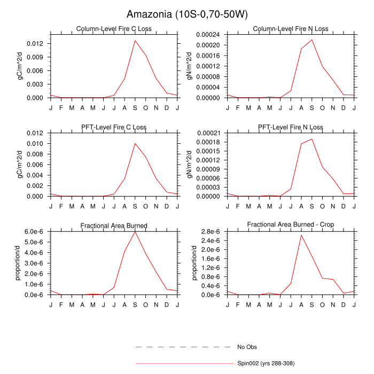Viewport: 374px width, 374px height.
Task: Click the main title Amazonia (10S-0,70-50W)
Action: point(188,14)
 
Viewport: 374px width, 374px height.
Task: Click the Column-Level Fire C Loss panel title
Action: point(114,29)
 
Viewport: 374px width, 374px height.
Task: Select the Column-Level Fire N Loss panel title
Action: point(291,29)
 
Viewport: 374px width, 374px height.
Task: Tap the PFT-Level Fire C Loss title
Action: point(114,127)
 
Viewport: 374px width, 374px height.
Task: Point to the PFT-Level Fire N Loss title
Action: point(291,127)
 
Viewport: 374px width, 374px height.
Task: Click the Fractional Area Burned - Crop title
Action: point(291,225)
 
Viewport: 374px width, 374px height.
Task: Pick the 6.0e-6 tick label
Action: point(34,231)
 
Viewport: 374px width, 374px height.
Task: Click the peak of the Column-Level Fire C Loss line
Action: point(135,40)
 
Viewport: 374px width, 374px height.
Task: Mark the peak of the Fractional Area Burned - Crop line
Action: point(301,235)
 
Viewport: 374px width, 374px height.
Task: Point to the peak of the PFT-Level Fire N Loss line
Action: point(311,139)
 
